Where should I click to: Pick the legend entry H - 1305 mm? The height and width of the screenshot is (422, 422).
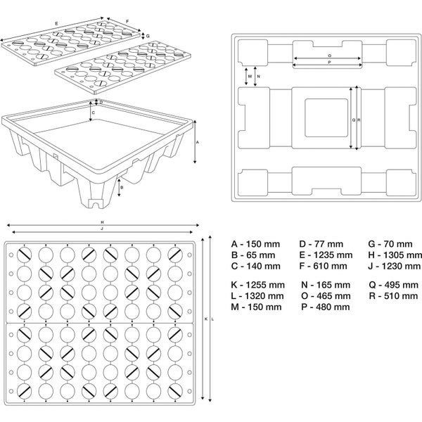coord(394,255)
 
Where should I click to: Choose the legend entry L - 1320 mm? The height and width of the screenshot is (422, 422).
coord(257,296)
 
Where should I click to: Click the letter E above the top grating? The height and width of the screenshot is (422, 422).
coord(56,23)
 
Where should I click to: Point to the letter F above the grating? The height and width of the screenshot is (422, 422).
coord(127,21)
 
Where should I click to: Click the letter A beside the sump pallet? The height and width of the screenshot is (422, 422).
coord(198,142)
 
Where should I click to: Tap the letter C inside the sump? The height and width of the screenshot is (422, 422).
coord(94,111)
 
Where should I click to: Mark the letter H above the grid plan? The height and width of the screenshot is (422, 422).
coord(102,223)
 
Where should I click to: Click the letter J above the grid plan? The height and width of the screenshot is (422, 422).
coord(102,229)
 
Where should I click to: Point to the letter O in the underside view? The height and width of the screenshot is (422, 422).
coord(329,55)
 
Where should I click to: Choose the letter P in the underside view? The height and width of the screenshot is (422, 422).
coord(329,63)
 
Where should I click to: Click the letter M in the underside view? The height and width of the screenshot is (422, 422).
coord(250,75)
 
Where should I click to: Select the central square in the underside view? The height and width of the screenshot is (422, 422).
coord(325,120)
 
